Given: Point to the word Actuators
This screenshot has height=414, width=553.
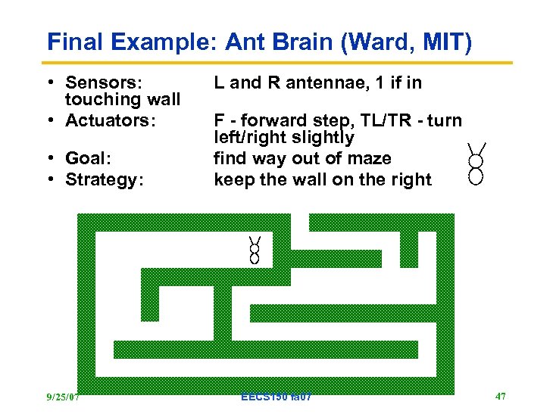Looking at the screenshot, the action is pyautogui.click(x=110, y=120).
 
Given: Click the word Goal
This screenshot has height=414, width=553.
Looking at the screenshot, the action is pyautogui.click(x=88, y=159).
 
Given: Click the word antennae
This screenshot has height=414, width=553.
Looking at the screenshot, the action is pyautogui.click(x=337, y=82).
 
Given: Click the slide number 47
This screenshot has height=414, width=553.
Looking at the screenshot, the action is pyautogui.click(x=500, y=396).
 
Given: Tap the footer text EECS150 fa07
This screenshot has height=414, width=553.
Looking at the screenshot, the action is pyautogui.click(x=275, y=397).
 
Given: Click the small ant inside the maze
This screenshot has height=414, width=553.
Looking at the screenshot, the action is pyautogui.click(x=255, y=250).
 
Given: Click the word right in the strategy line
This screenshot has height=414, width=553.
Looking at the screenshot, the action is pyautogui.click(x=410, y=180).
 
